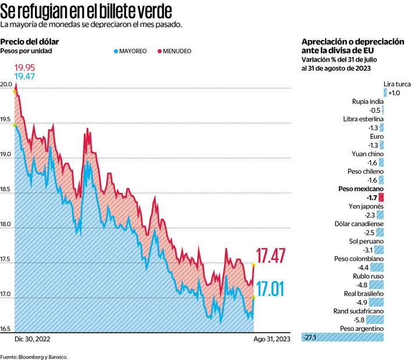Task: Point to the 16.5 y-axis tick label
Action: click(7, 329)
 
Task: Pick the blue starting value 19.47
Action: click(25, 77)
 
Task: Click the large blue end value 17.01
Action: click(271, 289)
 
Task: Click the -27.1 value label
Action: click(311, 337)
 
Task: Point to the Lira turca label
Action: click(397, 84)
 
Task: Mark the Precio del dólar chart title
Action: click(30, 42)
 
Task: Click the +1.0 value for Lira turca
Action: click(394, 93)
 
